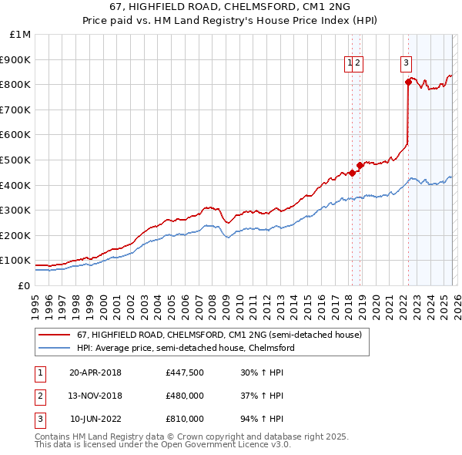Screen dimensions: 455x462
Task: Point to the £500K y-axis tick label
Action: coord(16,160)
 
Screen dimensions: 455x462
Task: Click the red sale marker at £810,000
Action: coord(408,81)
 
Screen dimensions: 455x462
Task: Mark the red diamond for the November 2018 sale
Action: coord(360,165)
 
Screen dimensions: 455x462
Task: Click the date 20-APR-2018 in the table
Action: coord(95,372)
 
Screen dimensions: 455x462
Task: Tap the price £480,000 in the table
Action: coord(185,396)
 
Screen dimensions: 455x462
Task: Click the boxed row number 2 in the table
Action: coord(39,396)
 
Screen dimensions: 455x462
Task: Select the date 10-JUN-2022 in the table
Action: coord(95,419)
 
